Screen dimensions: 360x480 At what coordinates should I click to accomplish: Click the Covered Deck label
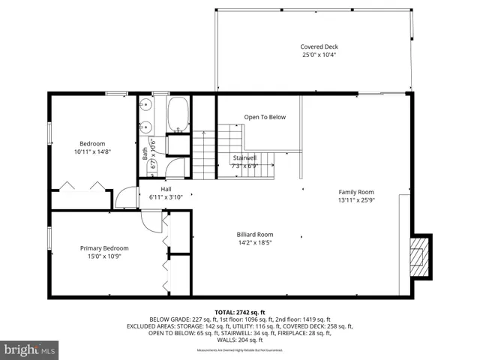click(x=320, y=46)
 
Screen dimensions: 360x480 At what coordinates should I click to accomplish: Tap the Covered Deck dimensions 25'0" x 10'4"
click(x=320, y=55)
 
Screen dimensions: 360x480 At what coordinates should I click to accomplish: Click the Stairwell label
click(x=245, y=157)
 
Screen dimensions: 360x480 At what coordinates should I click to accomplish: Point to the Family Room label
click(x=355, y=192)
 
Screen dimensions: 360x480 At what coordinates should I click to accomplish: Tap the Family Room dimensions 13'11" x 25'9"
click(x=355, y=200)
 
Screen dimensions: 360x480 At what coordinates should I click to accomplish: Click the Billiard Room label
click(x=255, y=234)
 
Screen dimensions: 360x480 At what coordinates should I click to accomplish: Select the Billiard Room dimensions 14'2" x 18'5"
click(x=255, y=242)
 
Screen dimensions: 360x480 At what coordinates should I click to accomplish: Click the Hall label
click(x=166, y=189)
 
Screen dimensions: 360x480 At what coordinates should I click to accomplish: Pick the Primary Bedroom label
click(x=104, y=248)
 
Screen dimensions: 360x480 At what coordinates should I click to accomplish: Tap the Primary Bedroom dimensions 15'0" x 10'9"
click(x=104, y=256)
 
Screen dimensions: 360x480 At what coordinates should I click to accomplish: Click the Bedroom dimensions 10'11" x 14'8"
click(x=93, y=151)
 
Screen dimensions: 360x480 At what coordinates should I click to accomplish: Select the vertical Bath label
click(x=145, y=153)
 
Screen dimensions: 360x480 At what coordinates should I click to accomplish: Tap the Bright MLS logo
click(x=30, y=349)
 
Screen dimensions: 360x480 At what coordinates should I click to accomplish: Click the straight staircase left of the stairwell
click(x=204, y=154)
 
